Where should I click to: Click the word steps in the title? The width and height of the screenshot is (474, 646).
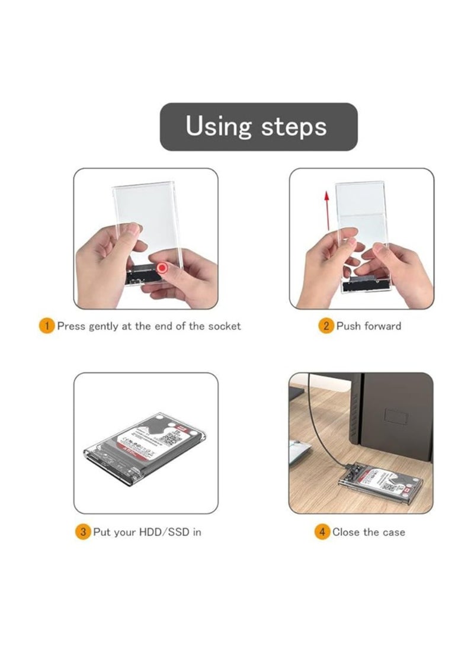coord(294,127)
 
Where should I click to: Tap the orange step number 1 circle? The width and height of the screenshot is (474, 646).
coord(47,326)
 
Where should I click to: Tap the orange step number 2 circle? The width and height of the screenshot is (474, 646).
coord(326,326)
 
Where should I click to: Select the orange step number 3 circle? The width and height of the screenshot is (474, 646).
coord(82,532)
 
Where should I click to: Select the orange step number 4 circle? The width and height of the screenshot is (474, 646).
coord(322,532)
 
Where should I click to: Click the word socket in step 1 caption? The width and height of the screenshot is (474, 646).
coord(224,326)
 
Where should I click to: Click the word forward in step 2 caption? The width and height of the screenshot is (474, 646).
coord(382,326)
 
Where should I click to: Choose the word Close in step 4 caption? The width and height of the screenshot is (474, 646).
coord(346,532)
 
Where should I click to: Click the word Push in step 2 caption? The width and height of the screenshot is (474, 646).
coord(349,326)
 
